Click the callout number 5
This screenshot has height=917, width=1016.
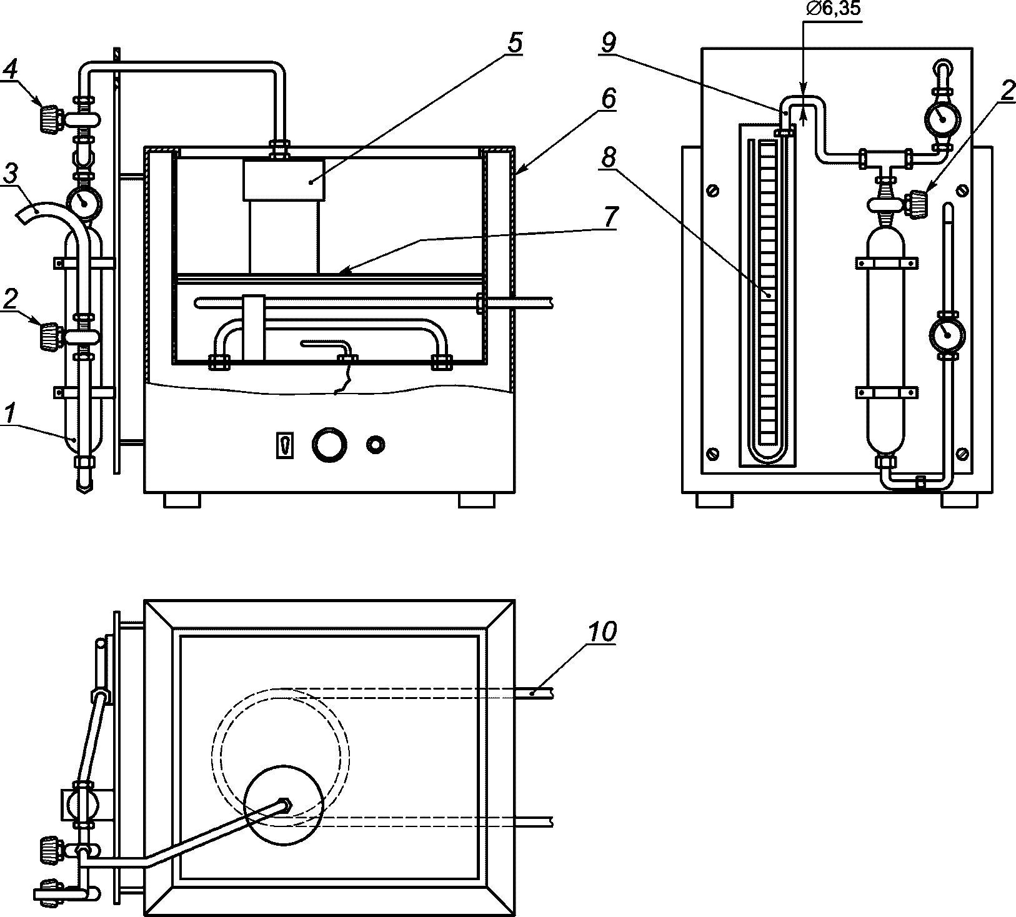pos(514,43)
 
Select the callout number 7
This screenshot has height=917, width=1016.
pos(609,217)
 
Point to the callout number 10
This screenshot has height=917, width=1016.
pos(601,631)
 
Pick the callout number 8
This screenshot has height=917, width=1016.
pos(607,158)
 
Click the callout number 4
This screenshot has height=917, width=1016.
pos(10,71)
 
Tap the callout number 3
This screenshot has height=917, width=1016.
pos(10,173)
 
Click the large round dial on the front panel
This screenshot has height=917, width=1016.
pos(329,444)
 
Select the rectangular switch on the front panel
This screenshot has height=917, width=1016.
pos(285,445)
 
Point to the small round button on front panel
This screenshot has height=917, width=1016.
pos(376,445)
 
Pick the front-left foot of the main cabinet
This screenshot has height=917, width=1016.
pos(182,500)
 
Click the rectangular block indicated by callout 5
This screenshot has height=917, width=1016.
pos(284,181)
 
